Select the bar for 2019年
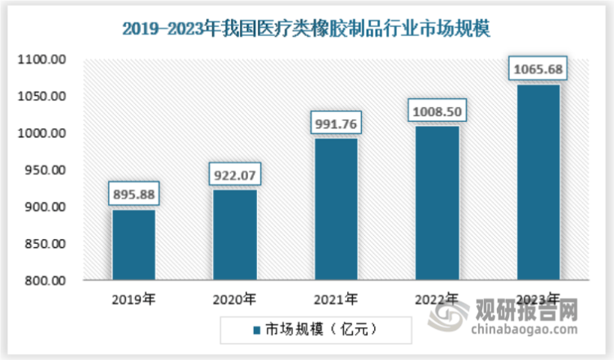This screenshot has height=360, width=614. [133, 245]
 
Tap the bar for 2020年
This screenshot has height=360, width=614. [235, 235]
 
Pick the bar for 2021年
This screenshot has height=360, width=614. [336, 209]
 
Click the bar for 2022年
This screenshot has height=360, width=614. [437, 202]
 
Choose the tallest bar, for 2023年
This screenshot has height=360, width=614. [538, 182]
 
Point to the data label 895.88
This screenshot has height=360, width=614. [133, 195]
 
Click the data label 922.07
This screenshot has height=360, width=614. [235, 175]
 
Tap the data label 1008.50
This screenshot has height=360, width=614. [437, 111]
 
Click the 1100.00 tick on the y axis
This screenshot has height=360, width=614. [46, 60]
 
